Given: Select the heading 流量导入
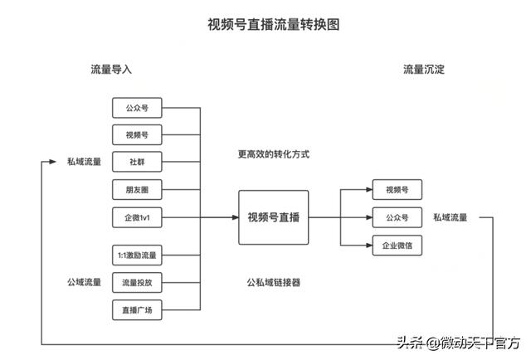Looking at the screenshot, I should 111,70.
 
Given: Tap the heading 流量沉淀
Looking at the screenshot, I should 424,70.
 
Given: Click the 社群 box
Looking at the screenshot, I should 136,161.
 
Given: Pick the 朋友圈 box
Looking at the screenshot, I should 136,189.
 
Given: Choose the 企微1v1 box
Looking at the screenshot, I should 136,217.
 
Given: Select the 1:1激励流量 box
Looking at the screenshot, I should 136,254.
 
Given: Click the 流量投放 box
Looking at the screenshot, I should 136,282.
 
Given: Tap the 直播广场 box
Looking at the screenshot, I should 136,310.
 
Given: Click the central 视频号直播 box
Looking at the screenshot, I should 274,217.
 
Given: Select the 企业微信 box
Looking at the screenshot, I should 397,246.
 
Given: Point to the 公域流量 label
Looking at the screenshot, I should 85,282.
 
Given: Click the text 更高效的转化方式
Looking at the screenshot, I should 273,155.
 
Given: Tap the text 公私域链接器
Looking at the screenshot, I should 273,282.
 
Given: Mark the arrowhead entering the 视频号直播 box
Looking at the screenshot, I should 235,217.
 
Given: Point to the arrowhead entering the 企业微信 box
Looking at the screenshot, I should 368,246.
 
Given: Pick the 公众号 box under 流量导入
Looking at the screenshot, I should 136,108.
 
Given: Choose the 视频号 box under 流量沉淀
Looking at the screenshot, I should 397,189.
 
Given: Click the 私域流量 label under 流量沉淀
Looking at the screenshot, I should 450,217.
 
